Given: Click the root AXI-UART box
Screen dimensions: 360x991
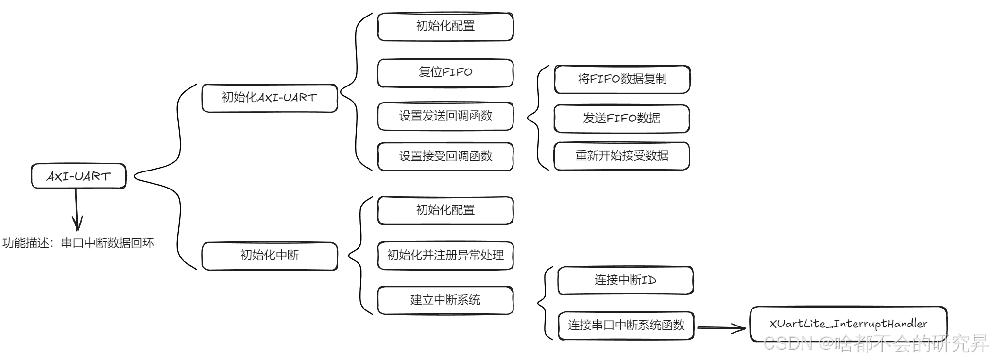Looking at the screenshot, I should [79, 176].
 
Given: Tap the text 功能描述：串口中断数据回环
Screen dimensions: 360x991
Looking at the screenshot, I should [78, 243].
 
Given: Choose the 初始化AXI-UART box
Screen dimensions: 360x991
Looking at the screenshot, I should [270, 98].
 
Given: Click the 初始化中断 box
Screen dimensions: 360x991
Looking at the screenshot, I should [270, 256].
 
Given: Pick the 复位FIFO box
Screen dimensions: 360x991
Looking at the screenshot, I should [445, 73].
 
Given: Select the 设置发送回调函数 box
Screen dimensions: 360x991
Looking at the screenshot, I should [445, 116].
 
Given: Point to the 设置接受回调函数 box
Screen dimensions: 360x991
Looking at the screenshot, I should [445, 156].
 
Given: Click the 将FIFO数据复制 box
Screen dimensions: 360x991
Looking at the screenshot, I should [622, 79].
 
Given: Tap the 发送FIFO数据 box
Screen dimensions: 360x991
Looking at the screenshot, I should [622, 118].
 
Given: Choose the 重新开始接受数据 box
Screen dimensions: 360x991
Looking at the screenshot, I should [622, 156].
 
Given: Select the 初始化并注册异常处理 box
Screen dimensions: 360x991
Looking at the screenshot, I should [445, 256].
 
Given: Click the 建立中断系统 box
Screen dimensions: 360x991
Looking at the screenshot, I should [445, 300].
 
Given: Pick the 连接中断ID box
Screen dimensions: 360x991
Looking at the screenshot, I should [626, 280].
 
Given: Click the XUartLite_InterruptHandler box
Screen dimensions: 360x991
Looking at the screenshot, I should [848, 324].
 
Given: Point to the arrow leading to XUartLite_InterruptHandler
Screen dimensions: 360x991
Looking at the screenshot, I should [721, 328].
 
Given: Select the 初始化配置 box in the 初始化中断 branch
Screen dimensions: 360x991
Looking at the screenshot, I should [445, 210].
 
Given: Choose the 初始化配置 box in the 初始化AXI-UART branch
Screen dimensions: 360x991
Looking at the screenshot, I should [445, 27].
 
